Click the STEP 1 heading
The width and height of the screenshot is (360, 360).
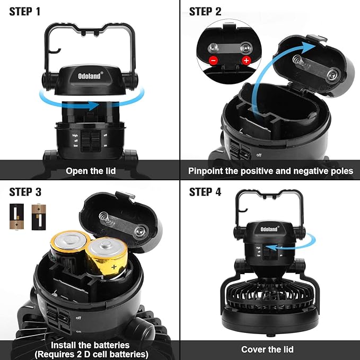pyautogui.click(x=25, y=12)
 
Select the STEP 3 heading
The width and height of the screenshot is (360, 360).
pyautogui.click(x=25, y=192)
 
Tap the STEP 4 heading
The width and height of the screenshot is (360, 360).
pyautogui.click(x=205, y=192)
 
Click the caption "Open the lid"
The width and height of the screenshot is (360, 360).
pyautogui.click(x=91, y=171)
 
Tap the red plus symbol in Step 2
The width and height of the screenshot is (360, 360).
pyautogui.click(x=246, y=60)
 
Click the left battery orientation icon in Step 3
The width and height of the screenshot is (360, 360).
pyautogui.click(x=16, y=217)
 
